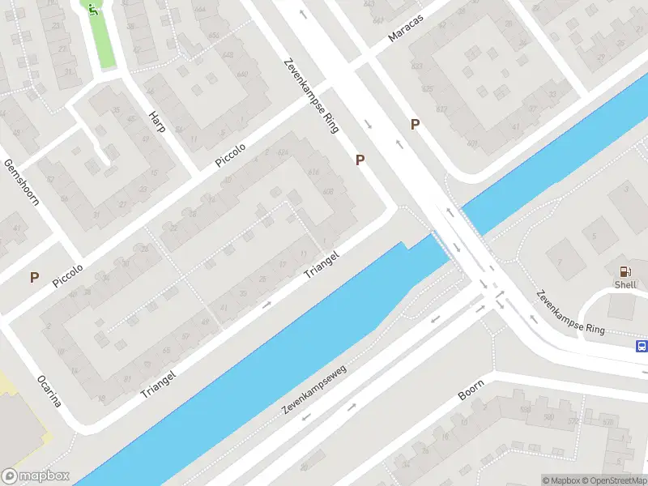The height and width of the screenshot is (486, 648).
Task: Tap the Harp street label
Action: pyautogui.click(x=156, y=122)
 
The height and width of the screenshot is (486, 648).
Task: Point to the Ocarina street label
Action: pyautogui.click(x=49, y=391)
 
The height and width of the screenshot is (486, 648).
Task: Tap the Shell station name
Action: pyautogui.click(x=625, y=285)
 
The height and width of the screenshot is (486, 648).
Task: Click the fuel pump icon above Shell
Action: pyautogui.click(x=625, y=272)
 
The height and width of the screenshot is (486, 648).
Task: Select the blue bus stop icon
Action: pyautogui.click(x=641, y=346)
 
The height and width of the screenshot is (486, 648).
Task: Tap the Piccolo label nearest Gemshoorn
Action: pyautogui.click(x=68, y=275)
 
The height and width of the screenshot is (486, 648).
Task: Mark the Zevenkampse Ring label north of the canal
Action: pyautogui.click(x=311, y=96)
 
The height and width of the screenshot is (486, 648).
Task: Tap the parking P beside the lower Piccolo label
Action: pyautogui.click(x=34, y=277)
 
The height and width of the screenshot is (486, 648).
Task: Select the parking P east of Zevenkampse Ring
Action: pyautogui.click(x=415, y=124)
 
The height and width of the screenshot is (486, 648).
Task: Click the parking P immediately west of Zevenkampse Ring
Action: pyautogui.click(x=360, y=160)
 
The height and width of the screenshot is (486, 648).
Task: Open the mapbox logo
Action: pyautogui.click(x=36, y=476)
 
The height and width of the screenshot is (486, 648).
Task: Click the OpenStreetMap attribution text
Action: pyautogui.click(x=613, y=480)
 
